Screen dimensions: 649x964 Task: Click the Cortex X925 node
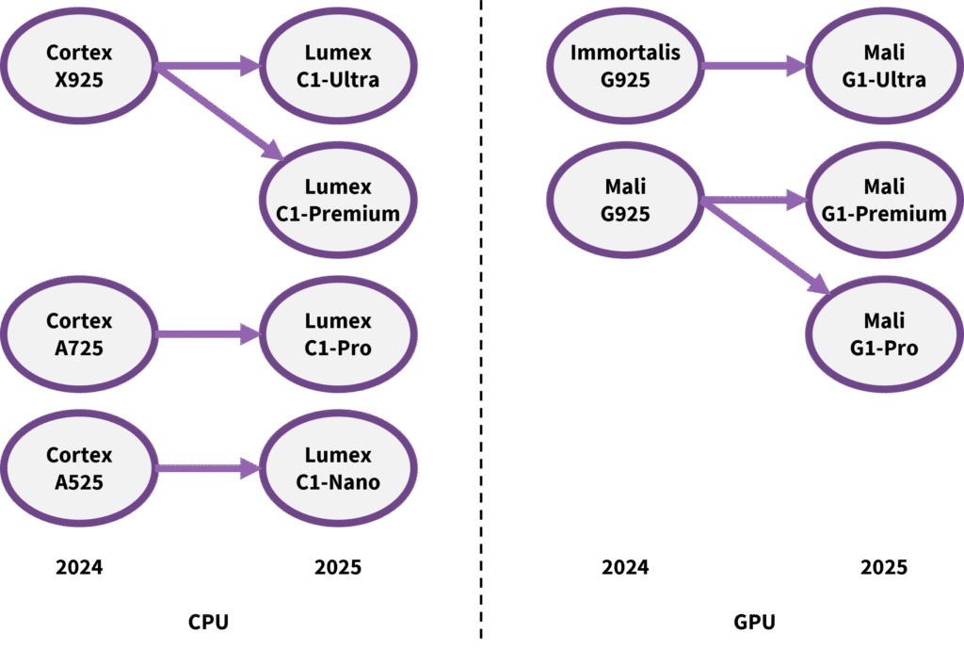click(x=79, y=66)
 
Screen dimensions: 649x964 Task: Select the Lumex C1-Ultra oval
click(x=338, y=66)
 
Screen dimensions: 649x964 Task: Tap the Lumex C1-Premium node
click(x=338, y=201)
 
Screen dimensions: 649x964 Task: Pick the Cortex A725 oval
click(x=79, y=334)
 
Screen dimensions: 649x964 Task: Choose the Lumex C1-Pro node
click(x=338, y=334)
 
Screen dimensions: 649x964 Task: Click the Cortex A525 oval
click(x=79, y=468)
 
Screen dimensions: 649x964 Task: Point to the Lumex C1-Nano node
click(x=338, y=468)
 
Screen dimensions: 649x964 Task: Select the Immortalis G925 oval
click(x=625, y=66)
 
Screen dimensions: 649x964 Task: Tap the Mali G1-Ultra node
click(x=884, y=66)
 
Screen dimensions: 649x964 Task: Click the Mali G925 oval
click(x=625, y=201)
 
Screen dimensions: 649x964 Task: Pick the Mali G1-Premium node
click(x=884, y=201)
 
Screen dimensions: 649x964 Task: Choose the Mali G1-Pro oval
click(x=884, y=334)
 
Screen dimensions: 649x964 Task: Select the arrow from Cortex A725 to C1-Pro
click(x=207, y=334)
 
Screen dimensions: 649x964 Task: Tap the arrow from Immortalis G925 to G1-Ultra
click(x=753, y=66)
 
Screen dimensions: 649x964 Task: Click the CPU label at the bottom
click(x=208, y=622)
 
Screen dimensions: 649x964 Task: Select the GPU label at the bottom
click(x=754, y=622)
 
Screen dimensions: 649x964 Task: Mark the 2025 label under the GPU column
click(x=884, y=567)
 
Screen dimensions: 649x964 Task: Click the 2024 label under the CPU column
click(x=79, y=567)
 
